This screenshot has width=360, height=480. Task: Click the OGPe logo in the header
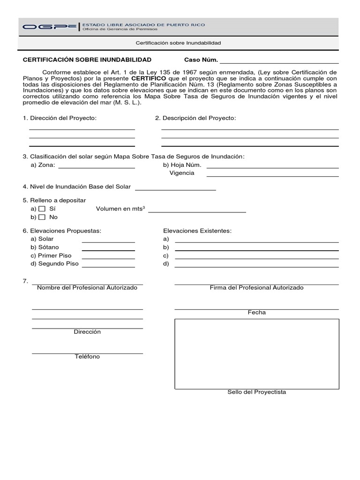click(49, 27)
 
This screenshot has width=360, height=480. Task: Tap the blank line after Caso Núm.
click(279, 62)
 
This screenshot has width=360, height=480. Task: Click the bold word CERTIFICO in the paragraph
click(149, 78)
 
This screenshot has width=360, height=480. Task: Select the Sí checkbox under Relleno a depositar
click(42, 209)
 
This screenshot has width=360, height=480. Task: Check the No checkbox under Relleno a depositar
click(42, 217)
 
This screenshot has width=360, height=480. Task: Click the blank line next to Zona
click(97, 167)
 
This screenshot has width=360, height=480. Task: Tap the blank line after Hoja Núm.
click(272, 167)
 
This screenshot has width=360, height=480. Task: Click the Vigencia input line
click(272, 176)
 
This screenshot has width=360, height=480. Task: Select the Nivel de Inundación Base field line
click(175, 189)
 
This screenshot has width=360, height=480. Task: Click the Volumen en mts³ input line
click(197, 212)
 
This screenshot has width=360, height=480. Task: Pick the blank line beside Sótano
click(108, 250)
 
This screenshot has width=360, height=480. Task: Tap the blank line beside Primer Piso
click(108, 258)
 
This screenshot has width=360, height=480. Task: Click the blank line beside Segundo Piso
click(108, 267)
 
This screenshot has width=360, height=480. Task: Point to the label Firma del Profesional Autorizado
click(256, 288)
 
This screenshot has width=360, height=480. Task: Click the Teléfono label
click(87, 357)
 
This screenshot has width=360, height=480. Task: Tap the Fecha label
click(256, 313)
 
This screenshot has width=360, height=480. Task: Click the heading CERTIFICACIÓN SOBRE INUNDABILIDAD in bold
click(87, 60)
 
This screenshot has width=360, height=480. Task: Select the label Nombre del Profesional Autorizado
click(87, 288)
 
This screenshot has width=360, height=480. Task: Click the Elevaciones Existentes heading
click(197, 231)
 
